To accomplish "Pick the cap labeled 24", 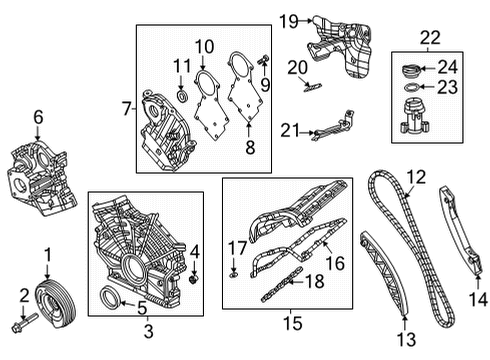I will tap(409, 71).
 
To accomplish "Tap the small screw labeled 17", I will tap(233, 271).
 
